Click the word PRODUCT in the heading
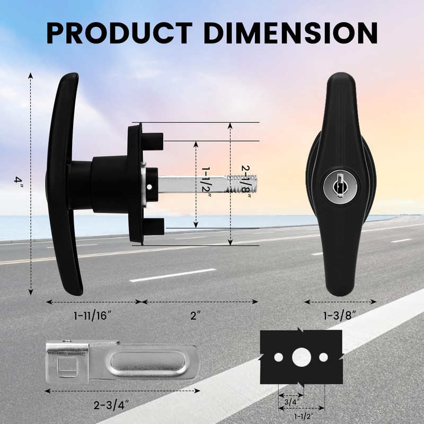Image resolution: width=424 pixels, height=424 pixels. pyautogui.click(x=119, y=33)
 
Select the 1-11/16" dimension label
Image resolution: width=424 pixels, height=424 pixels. pyautogui.click(x=93, y=315)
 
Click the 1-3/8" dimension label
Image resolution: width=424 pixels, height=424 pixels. pyautogui.click(x=340, y=315)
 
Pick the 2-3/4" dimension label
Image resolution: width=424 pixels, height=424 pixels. pyautogui.click(x=111, y=405)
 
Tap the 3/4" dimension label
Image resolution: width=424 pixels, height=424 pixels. pyautogui.click(x=290, y=402)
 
